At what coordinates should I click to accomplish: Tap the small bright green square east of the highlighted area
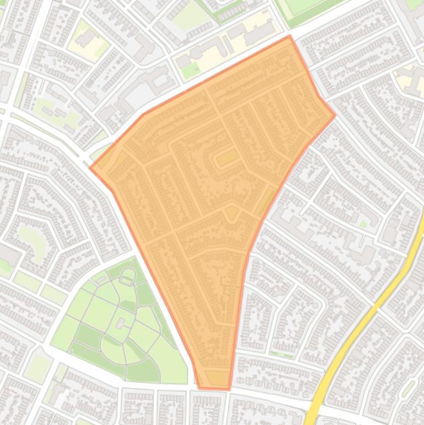click(x=363, y=224)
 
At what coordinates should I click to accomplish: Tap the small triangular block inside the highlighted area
click(x=232, y=213)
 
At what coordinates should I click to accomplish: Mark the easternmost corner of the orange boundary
click(x=335, y=116)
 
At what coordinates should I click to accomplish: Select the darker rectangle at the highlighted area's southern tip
click(x=218, y=378)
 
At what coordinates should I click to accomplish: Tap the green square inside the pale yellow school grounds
click(x=191, y=71)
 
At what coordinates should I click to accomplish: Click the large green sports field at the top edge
click(x=309, y=8)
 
